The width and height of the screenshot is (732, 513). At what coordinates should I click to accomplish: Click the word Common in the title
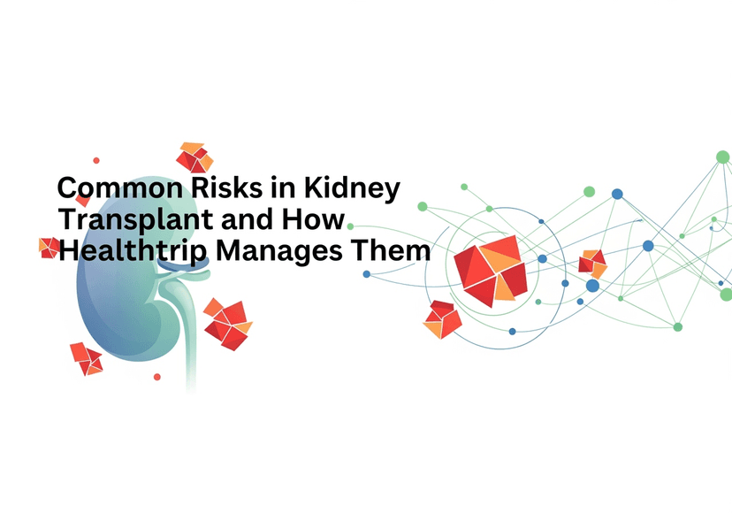(x=120, y=188)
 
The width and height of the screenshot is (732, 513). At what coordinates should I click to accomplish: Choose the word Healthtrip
(x=133, y=251)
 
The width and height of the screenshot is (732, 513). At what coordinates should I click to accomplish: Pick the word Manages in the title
(x=279, y=252)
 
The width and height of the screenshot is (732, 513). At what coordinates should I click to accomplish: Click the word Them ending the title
(x=391, y=250)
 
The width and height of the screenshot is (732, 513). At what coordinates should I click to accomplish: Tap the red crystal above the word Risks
(x=194, y=157)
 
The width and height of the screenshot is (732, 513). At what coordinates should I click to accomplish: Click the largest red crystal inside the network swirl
(x=491, y=271)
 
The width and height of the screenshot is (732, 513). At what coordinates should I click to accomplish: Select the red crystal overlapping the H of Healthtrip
(x=49, y=248)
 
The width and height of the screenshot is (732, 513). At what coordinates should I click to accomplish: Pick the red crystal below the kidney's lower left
(x=87, y=359)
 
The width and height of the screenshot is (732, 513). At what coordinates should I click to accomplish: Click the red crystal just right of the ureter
(x=228, y=324)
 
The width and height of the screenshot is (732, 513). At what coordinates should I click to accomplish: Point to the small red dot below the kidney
(x=157, y=377)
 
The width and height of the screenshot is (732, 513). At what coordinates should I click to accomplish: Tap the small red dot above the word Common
(x=96, y=160)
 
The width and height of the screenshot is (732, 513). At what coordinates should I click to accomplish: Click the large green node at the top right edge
(x=723, y=157)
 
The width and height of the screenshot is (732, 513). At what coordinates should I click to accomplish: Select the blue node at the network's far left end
(x=367, y=274)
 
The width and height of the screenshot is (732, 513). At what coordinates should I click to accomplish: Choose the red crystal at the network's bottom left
(x=442, y=319)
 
